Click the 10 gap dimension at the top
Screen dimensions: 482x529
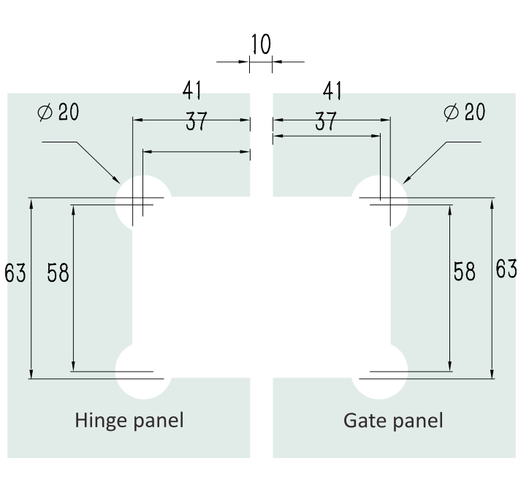(x=261, y=45)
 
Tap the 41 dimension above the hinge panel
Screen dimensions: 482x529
(x=191, y=91)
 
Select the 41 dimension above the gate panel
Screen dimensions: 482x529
(x=333, y=91)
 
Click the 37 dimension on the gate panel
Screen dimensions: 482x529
(x=325, y=122)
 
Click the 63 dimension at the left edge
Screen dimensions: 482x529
(x=15, y=273)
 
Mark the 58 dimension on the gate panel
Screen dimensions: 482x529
(x=464, y=272)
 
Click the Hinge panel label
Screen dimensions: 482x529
(x=129, y=421)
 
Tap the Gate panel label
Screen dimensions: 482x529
(x=393, y=421)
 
